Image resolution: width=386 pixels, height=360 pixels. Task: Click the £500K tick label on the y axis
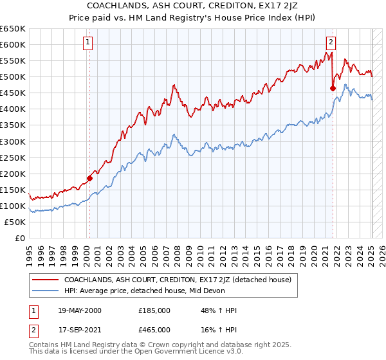(x=12, y=77)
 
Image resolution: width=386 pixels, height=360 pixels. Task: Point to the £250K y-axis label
(x=12, y=157)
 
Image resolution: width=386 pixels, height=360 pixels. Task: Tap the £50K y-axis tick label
(x=15, y=222)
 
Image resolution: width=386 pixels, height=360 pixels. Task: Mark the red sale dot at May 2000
(x=89, y=178)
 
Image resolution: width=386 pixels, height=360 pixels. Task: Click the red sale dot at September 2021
(x=333, y=88)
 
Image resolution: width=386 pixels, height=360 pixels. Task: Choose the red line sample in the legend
(x=45, y=280)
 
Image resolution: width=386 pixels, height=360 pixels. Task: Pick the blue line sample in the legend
(x=45, y=291)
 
